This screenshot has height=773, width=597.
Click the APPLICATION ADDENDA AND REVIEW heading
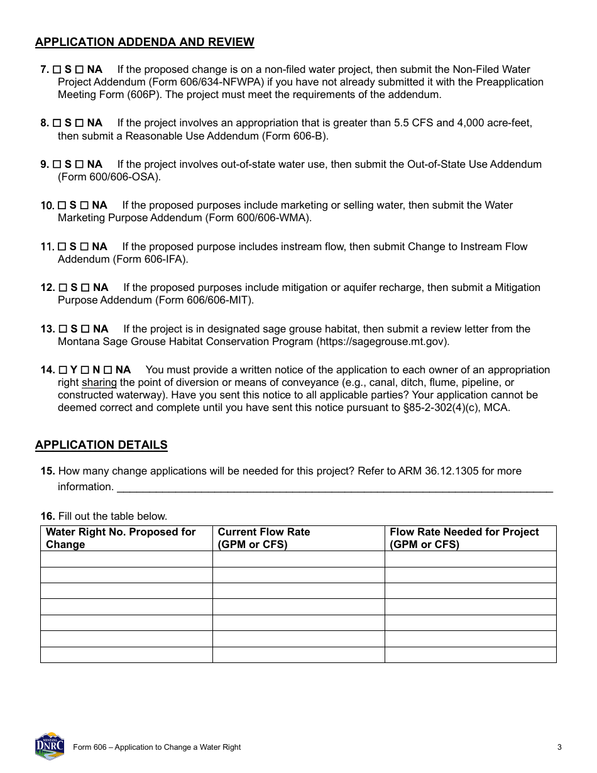pyautogui.click(x=145, y=42)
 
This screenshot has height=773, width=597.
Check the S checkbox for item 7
pyautogui.click(x=57, y=70)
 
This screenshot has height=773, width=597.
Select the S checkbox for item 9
pyautogui.click(x=57, y=165)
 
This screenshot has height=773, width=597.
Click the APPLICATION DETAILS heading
pyautogui.click(x=101, y=445)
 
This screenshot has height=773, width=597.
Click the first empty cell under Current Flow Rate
pyautogui.click(x=298, y=559)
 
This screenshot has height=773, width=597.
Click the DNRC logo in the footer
pyautogui.click(x=50, y=746)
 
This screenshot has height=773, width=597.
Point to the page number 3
pyautogui.click(x=559, y=747)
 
